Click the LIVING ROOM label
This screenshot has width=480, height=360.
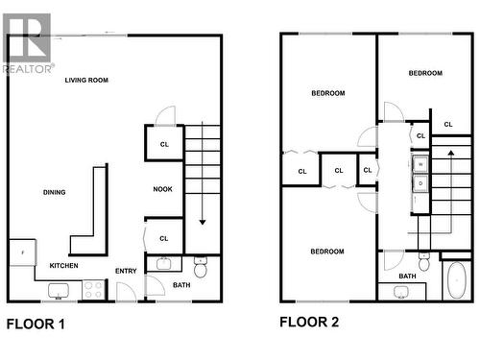tap(86, 80)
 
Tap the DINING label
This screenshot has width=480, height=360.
tap(55, 192)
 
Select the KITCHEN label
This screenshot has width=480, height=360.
tap(64, 265)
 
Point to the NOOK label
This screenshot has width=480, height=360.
tap(163, 189)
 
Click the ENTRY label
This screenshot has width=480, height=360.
tap(126, 271)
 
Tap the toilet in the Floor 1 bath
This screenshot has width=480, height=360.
tap(201, 265)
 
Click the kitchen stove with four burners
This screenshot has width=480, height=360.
tap(93, 288)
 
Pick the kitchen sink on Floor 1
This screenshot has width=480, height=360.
tap(58, 289)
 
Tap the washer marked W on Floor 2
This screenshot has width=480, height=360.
tap(420, 163)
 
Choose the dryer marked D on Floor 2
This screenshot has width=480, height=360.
tap(420, 182)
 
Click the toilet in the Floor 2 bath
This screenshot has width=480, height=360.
tap(422, 261)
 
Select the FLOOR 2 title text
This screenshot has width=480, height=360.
tap(308, 323)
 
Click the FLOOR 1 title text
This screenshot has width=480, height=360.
tap(36, 324)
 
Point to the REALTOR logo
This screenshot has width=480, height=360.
tap(28, 43)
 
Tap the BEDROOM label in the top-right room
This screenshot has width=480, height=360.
tap(424, 73)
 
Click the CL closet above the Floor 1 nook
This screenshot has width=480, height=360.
tap(164, 142)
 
